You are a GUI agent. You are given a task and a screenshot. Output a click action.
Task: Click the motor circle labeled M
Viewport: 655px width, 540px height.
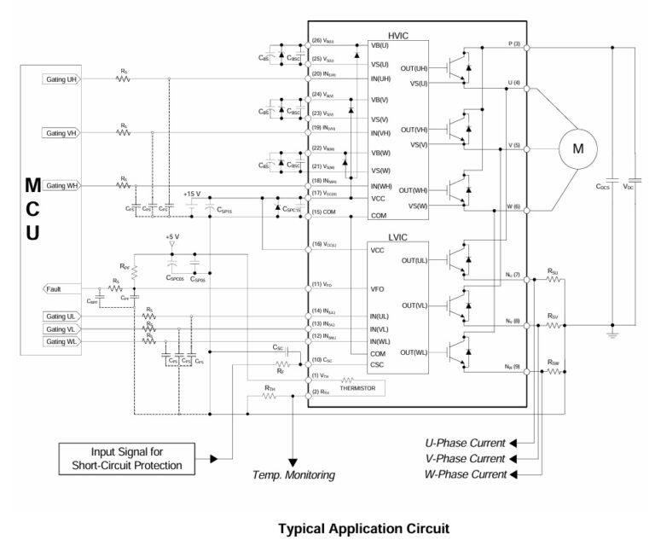coord(577,148)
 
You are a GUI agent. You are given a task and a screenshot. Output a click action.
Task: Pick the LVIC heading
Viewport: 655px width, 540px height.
coord(399,239)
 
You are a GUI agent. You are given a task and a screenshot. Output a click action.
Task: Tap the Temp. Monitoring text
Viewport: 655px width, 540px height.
coord(293,474)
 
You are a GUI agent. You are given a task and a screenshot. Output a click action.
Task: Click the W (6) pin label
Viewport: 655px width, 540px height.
coord(514,207)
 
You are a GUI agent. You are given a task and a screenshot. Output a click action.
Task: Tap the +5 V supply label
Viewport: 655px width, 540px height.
coord(172,236)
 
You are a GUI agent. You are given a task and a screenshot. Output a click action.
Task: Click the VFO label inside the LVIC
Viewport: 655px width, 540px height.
coord(378,288)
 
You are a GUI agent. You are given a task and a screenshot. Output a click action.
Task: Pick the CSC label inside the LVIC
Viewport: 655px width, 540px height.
coord(378,364)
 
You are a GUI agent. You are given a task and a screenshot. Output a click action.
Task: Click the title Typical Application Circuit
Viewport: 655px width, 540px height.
coord(362,527)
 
